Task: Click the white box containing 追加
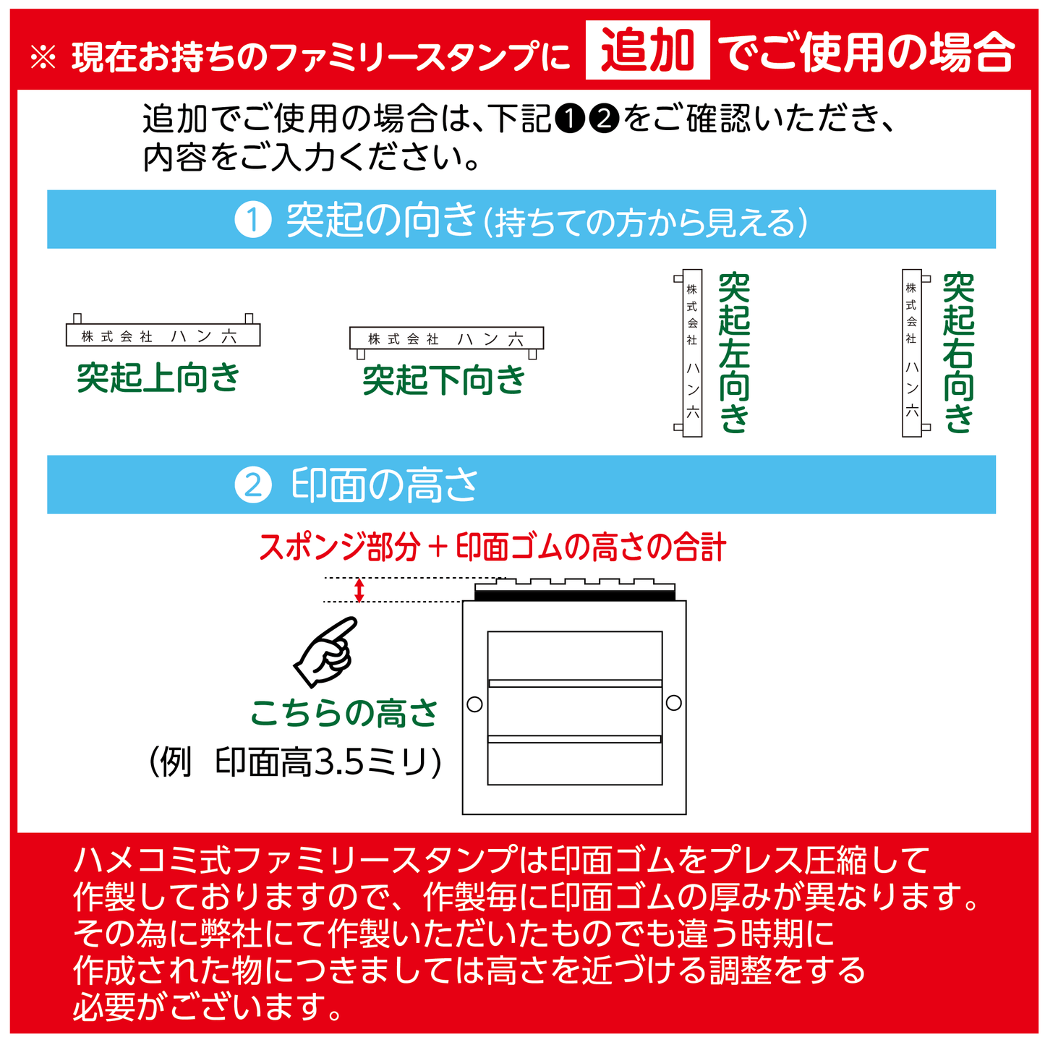point(647,51)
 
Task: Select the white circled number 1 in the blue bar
point(253,220)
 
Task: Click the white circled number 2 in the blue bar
point(253,485)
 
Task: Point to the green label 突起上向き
point(158,378)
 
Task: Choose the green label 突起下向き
point(444,380)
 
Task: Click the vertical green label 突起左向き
point(734,353)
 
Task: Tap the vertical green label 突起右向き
point(958,353)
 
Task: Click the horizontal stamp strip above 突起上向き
point(163,335)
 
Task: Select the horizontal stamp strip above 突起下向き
point(446,338)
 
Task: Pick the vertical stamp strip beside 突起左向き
point(692,353)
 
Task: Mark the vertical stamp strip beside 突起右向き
point(911,353)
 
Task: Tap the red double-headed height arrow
point(359,590)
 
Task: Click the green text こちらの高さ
point(344,714)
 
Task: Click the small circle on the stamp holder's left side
point(474,704)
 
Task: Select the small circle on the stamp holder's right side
point(673,703)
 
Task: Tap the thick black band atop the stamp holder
point(574,596)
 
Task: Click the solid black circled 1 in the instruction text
point(570,119)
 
